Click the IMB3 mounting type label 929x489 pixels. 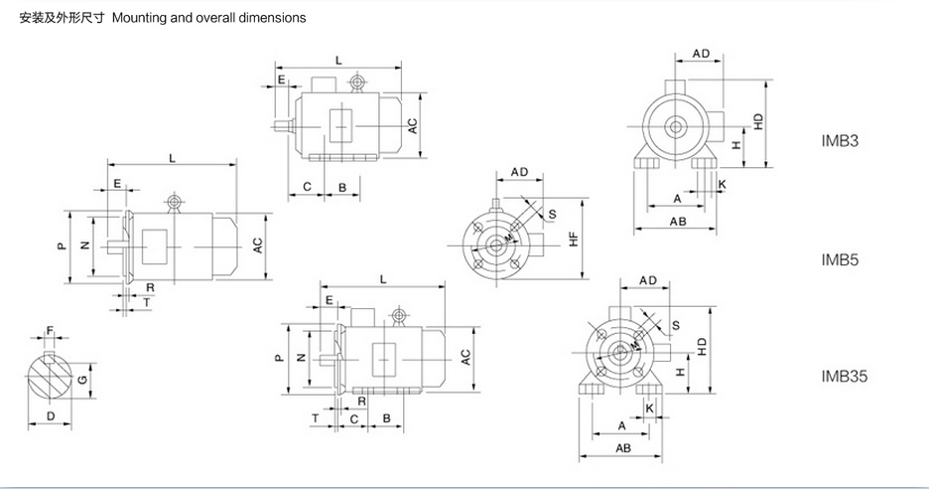840,141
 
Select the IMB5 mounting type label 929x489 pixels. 840,259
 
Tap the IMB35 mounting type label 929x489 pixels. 844,376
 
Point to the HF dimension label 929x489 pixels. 573,240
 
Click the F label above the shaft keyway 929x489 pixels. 50,330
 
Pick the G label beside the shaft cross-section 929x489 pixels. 83,380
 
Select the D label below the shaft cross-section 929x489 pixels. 51,416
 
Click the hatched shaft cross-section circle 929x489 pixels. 50,378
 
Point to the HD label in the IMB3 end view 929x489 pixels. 759,121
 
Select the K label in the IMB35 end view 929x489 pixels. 649,408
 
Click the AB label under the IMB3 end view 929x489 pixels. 678,222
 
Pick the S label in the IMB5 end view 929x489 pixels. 552,215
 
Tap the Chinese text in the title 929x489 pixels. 62,18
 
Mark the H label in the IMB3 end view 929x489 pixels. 736,144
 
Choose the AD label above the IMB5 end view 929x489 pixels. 519,172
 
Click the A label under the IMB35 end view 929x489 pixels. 621,425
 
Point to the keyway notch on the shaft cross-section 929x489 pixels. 50,356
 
